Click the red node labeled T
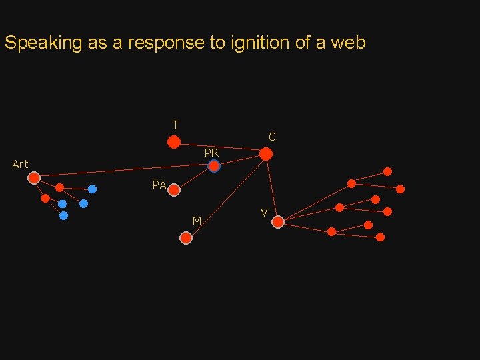tap(173, 141)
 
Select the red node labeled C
tap(266, 154)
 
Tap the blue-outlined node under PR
tap(213, 167)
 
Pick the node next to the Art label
tap(34, 177)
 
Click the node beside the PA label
tap(174, 190)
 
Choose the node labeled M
tap(186, 237)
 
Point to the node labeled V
tap(278, 222)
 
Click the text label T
tap(175, 125)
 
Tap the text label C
tap(272, 137)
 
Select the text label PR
tap(211, 153)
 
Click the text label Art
tap(20, 164)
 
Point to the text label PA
tap(159, 185)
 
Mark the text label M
tap(197, 221)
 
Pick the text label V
tap(265, 213)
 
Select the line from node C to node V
tap(272, 188)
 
